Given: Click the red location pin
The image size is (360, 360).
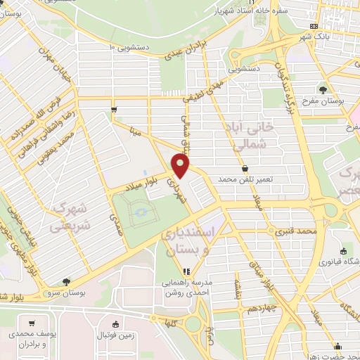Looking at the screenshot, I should point(181,167).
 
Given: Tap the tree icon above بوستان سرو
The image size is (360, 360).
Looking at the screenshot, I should point(66,281).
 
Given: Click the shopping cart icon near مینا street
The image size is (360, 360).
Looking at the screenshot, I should point(115,110).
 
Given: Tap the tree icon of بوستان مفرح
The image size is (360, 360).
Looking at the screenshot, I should point(323,89).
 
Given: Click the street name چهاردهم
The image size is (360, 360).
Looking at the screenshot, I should point(274,288).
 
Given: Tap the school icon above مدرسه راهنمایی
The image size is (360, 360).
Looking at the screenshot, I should point(186,271).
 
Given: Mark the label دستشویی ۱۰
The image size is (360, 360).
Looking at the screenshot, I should point(130,47).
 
